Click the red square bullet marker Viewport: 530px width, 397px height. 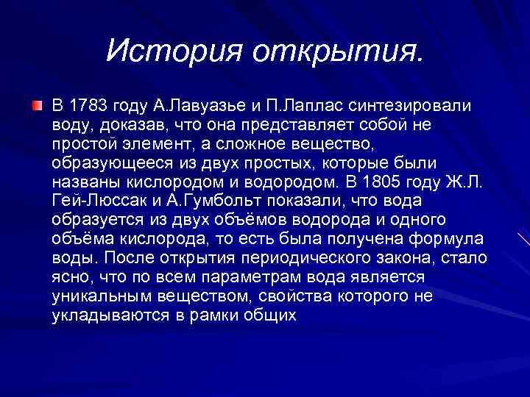[x=37, y=107]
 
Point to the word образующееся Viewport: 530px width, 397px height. [x=102, y=163]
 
